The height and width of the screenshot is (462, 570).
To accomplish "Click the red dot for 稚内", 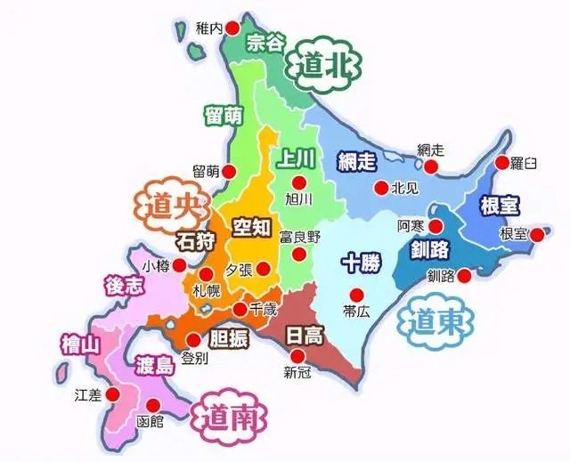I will click(232, 28).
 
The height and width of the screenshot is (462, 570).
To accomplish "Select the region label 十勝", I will click(362, 263).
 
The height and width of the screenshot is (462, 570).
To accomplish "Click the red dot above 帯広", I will click(356, 295).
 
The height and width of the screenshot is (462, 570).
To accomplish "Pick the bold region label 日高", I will click(305, 336).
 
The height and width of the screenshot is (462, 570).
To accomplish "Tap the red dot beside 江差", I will click(114, 393).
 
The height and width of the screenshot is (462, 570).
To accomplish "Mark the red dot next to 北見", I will click(381, 188).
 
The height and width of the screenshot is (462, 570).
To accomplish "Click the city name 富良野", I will click(298, 237).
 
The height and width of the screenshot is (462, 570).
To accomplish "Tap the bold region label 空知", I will click(251, 228).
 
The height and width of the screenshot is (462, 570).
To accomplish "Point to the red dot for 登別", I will click(193, 341).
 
